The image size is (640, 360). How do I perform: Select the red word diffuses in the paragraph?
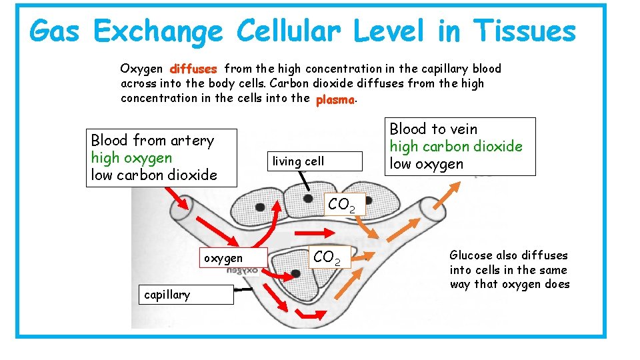point(193,69)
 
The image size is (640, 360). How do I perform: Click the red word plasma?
point(335,99)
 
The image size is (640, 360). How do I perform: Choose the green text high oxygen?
point(131,158)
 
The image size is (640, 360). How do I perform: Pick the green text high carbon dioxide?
point(456,147)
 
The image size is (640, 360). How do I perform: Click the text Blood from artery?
point(152,141)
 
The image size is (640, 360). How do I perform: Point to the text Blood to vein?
point(433,129)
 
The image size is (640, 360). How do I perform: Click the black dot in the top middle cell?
point(307,198)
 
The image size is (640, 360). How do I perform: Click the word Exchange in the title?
point(158,31)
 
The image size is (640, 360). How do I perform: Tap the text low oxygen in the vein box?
point(426,164)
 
